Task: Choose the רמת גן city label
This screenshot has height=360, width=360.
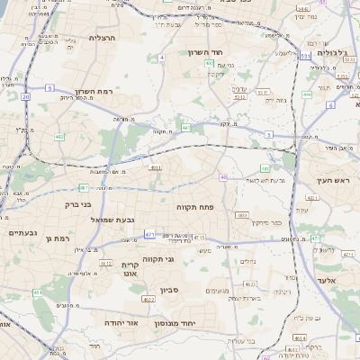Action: [57, 238]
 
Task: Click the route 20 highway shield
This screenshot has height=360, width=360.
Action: [26, 95]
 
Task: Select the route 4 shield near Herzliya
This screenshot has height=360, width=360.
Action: [162, 57]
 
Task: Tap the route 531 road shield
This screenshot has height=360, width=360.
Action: [306, 56]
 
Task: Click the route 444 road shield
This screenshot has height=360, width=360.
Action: [308, 94]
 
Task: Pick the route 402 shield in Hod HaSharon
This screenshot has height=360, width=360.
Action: [210, 64]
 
